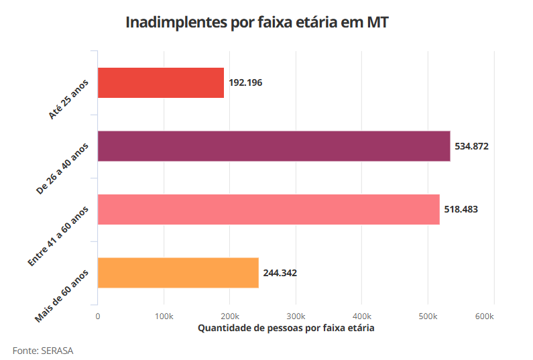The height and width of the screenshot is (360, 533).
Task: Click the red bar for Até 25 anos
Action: [161, 83]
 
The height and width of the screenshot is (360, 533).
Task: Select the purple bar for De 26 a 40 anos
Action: [274, 146]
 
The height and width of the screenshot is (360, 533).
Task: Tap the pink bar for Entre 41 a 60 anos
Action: [268, 209]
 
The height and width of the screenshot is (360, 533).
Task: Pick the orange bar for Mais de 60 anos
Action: [178, 273]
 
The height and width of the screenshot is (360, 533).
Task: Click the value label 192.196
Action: [245, 83]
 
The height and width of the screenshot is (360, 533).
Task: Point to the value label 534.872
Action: [471, 146]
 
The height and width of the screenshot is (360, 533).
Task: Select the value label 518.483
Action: [461, 209]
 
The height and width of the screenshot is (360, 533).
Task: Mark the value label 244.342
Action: [280, 273]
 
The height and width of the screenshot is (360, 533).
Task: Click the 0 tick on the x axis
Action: [98, 316]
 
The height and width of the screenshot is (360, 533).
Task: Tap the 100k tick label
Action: [164, 316]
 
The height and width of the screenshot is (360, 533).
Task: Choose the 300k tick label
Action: [296, 316]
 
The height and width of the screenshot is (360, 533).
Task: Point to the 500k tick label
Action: [428, 316]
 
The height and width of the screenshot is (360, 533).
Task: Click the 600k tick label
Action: [493, 316]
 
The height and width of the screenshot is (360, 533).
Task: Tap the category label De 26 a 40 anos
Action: [62, 168]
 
